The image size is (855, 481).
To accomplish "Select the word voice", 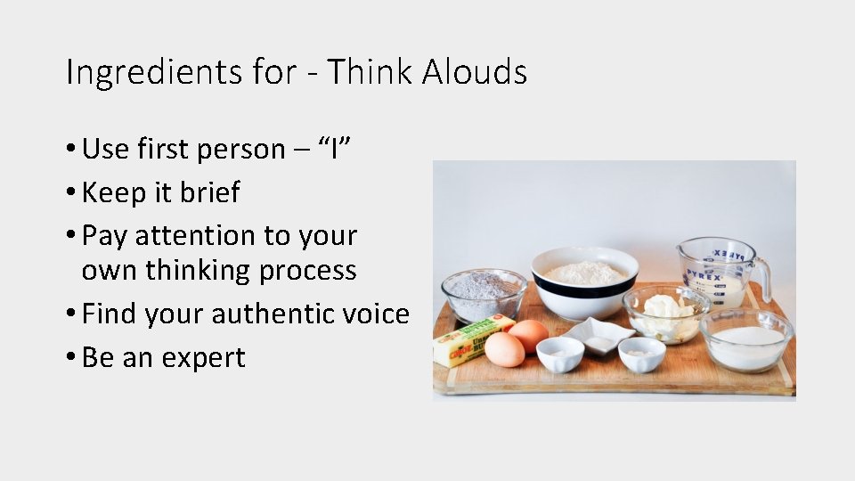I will coord(379,314).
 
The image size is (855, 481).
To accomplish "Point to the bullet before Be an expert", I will coord(70,358).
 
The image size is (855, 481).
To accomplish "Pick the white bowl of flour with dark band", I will coord(584,282).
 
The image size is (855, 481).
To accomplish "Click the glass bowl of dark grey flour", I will coord(484,295).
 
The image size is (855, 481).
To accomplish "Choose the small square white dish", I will coord(599,335).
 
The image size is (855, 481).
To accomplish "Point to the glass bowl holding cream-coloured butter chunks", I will coord(665,314).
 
